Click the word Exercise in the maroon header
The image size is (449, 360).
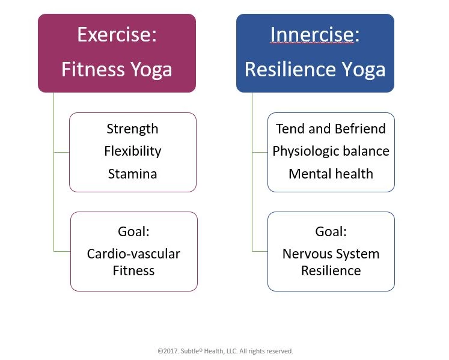pyautogui.click(x=115, y=34)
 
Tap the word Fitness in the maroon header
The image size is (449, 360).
pyautogui.click(x=93, y=69)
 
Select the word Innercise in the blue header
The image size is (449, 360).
pyautogui.click(x=313, y=34)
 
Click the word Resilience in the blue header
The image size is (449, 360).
pyautogui.click(x=290, y=69)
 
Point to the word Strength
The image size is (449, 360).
pyautogui.click(x=132, y=129)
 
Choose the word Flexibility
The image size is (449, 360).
pyautogui.click(x=133, y=151)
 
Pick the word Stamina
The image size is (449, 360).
pyautogui.click(x=133, y=174)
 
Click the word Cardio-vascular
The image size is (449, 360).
pyautogui.click(x=133, y=254)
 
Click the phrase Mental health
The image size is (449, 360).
pyautogui.click(x=331, y=174)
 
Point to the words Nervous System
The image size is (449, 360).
pyautogui.click(x=331, y=254)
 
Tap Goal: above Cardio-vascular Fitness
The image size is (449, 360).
pyautogui.click(x=133, y=231)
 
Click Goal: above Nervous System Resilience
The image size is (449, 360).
pyautogui.click(x=331, y=231)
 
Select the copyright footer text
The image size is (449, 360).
pyautogui.click(x=225, y=351)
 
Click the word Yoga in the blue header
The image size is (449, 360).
pyautogui.click(x=364, y=70)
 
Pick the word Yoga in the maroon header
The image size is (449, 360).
pyautogui.click(x=151, y=70)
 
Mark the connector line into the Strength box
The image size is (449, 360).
pyautogui.click(x=61, y=153)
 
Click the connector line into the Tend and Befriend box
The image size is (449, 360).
pyautogui.click(x=260, y=153)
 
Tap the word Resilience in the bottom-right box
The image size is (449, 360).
pyautogui.click(x=331, y=270)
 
